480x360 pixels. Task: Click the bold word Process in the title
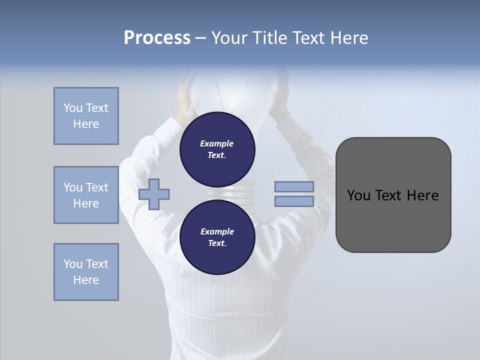157,38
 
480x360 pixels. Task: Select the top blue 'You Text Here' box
86,116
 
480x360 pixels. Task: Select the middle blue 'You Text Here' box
86,195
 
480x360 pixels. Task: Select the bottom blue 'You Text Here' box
86,272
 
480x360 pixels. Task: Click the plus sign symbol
154,194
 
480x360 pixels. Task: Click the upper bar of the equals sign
294,187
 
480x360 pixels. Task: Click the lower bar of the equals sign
294,201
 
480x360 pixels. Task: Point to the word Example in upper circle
216,143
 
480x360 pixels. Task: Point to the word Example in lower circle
217,231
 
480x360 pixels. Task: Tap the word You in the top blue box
72,108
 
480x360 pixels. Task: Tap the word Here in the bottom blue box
86,280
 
